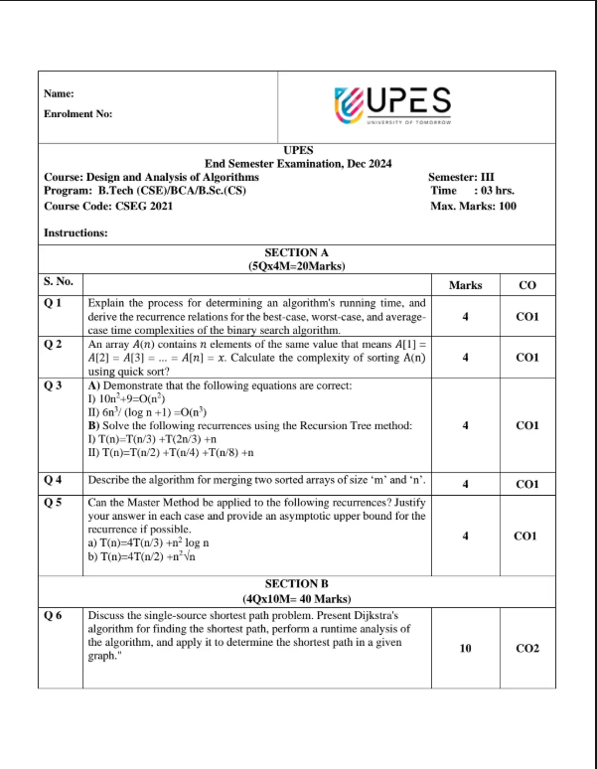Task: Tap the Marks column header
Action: (x=465, y=285)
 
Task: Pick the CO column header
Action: (x=527, y=285)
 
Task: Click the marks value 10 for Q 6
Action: (x=465, y=647)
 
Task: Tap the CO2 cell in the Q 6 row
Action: (x=527, y=647)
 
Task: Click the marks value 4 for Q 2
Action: (x=465, y=356)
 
